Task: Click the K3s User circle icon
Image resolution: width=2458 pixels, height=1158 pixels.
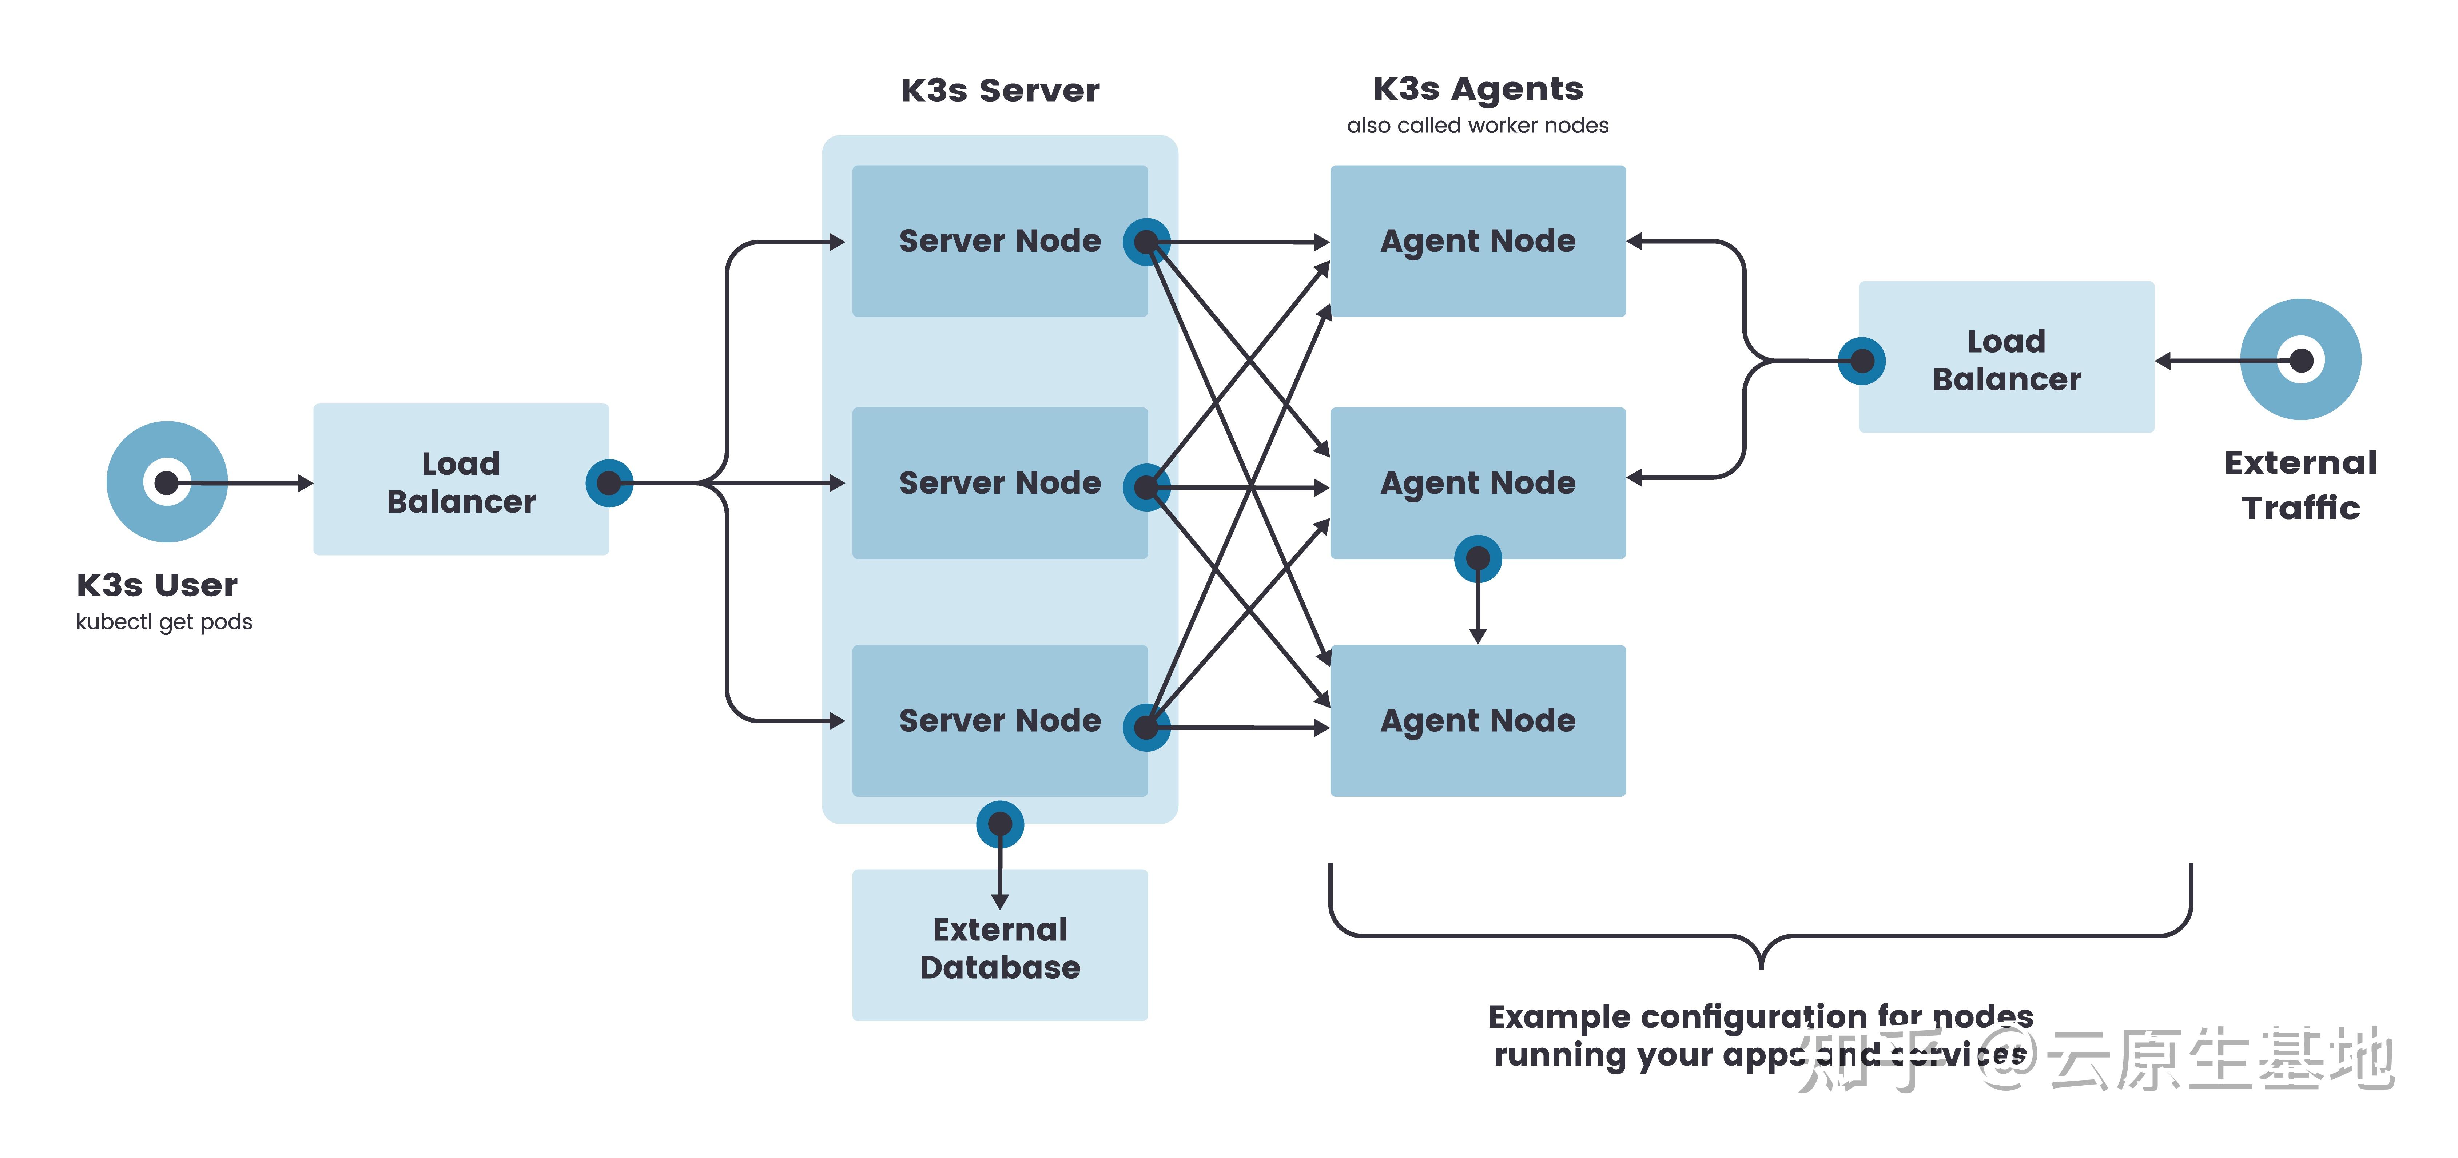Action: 167,482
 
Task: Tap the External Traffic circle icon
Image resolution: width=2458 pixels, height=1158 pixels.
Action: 2300,359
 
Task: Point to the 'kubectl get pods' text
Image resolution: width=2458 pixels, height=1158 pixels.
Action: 164,622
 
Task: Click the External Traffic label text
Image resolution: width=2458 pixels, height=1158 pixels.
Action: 2300,485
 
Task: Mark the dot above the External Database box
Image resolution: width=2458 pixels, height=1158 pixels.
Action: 1000,824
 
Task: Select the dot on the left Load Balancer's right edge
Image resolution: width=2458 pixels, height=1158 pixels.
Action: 609,483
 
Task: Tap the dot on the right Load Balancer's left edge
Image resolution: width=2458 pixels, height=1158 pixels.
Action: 1862,361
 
